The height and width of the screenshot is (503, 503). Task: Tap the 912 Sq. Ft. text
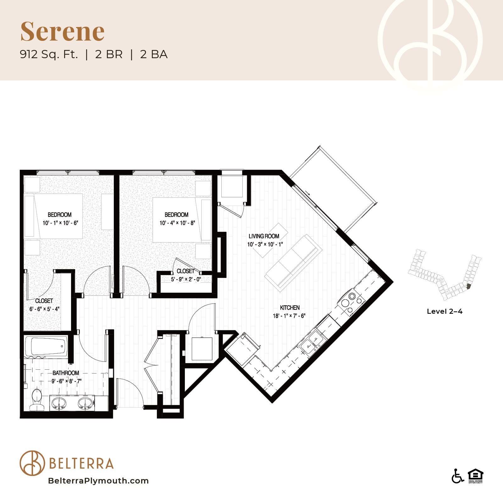(49, 54)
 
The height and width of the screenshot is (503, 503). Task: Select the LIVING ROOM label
(264, 236)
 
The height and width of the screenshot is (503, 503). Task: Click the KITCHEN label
(290, 307)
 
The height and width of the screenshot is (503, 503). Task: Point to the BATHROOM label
(66, 373)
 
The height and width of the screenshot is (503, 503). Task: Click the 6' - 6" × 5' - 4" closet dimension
(44, 309)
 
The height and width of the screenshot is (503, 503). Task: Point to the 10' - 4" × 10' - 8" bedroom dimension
(177, 223)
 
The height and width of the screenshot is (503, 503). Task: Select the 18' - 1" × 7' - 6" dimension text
(289, 316)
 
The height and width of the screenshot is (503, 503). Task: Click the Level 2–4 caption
(445, 311)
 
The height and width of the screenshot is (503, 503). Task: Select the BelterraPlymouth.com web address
(98, 481)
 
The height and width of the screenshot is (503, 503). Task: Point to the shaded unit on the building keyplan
(468, 286)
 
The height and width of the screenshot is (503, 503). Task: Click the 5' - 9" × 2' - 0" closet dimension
(186, 279)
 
